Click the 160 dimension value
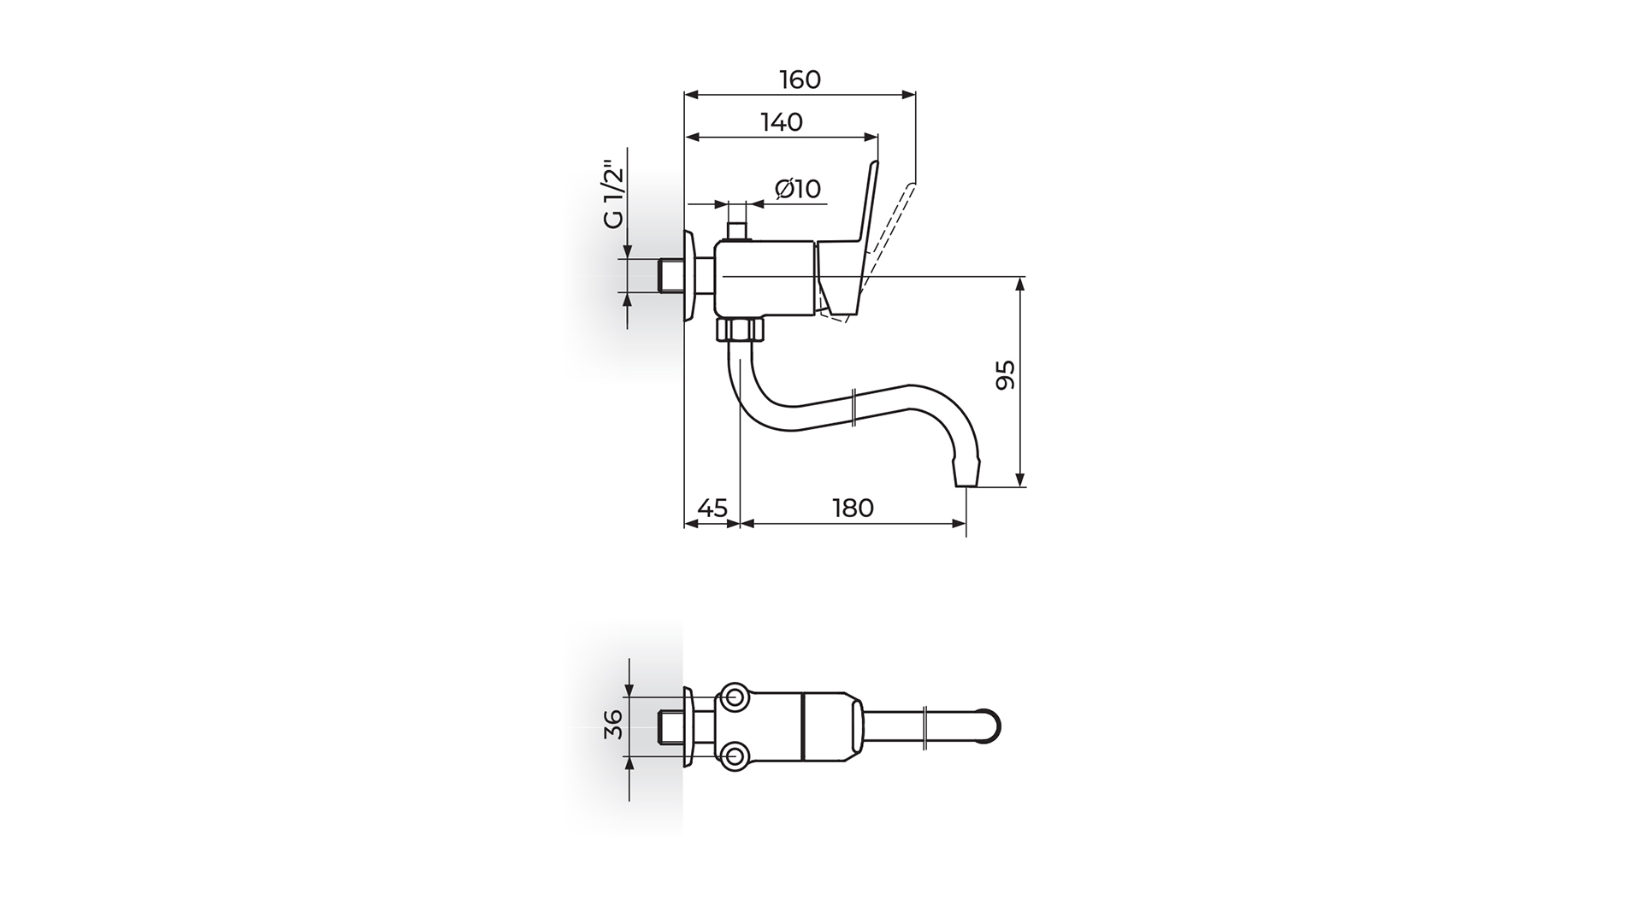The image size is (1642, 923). click(x=800, y=79)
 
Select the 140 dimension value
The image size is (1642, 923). click(x=782, y=122)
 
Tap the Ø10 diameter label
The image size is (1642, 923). click(x=798, y=188)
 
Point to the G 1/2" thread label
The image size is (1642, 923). click(x=613, y=195)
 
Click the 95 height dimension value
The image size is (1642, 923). click(x=1006, y=375)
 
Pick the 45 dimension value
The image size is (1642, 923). click(x=712, y=508)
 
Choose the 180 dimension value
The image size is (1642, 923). click(x=853, y=508)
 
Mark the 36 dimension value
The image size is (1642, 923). click(x=613, y=727)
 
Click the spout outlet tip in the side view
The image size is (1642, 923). click(x=966, y=474)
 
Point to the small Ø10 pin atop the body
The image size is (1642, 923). click(x=736, y=232)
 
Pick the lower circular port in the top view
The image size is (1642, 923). click(x=735, y=755)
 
